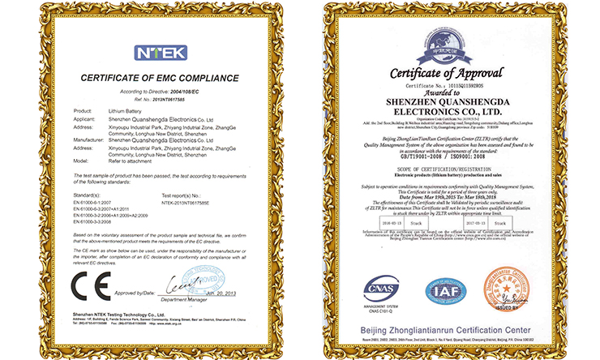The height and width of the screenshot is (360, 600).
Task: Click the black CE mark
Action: [x=87, y=289]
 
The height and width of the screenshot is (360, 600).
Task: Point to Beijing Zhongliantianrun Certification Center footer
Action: [x=450, y=331]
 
